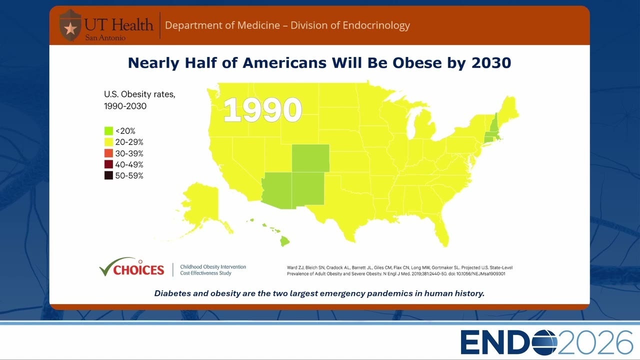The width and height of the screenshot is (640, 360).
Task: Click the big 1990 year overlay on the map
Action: click(262, 109)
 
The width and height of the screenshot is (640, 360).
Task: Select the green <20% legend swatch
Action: click(108, 131)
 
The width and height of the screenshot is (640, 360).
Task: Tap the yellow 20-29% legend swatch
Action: click(108, 142)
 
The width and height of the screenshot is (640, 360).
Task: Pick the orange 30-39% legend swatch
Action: click(108, 153)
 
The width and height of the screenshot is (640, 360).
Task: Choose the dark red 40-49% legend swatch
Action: click(108, 164)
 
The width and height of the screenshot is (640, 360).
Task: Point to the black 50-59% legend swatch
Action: click(108, 175)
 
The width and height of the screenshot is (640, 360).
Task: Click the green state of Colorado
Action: click(310, 158)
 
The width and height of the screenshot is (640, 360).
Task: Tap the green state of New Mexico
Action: click(308, 188)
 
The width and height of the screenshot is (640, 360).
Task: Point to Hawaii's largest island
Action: click(284, 241)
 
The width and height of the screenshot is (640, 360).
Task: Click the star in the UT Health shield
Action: click(70, 28)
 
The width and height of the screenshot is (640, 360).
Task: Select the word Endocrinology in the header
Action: click(376, 25)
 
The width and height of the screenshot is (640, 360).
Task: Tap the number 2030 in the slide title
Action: click(491, 63)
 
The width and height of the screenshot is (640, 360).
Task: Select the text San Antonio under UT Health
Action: click(105, 37)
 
